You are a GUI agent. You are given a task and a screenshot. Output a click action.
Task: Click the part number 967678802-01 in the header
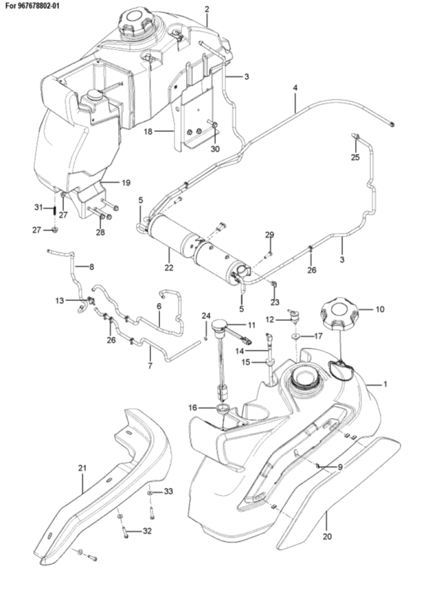pyautogui.click(x=38, y=6)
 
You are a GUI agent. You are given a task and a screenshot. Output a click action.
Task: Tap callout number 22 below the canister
pyautogui.click(x=169, y=267)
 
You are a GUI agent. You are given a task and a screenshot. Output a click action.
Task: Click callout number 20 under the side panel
pyautogui.click(x=328, y=535)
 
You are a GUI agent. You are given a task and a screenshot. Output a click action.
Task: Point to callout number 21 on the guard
pyautogui.click(x=82, y=468)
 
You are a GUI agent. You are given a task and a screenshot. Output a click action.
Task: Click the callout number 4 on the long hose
pyautogui.click(x=295, y=88)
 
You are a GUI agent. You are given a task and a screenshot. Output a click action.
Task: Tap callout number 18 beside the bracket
pyautogui.click(x=148, y=131)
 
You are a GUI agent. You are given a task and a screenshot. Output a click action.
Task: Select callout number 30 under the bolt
pyautogui.click(x=215, y=149)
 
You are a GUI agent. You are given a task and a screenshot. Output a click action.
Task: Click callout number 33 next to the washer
pyautogui.click(x=168, y=491)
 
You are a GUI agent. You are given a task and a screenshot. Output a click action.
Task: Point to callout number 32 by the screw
pyautogui.click(x=147, y=531)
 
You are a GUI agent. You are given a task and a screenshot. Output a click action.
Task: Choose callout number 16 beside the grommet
pyautogui.click(x=192, y=408)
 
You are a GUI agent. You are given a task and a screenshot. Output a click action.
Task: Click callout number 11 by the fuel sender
pyautogui.click(x=251, y=325)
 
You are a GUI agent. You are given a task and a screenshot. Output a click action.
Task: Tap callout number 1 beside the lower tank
pyautogui.click(x=385, y=384)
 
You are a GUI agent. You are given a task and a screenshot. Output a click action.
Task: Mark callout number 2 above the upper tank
pyautogui.click(x=207, y=10)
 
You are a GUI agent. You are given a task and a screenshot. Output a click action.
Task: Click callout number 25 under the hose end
pyautogui.click(x=355, y=157)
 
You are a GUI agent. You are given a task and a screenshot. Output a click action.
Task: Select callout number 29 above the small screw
pyautogui.click(x=269, y=235)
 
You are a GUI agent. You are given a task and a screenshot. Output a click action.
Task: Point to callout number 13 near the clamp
pyautogui.click(x=60, y=301)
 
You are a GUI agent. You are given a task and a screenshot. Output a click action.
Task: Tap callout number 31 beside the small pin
pyautogui.click(x=38, y=207)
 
